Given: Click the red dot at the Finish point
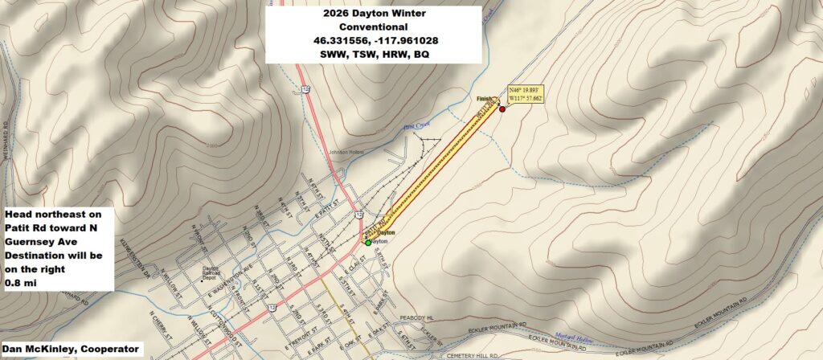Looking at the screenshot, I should point(502,108).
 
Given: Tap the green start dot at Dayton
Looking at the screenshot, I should point(368,242).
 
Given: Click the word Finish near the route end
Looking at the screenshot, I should point(483,99).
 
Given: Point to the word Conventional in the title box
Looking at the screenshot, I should point(373,27).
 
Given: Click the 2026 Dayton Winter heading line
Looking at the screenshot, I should point(373,14).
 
